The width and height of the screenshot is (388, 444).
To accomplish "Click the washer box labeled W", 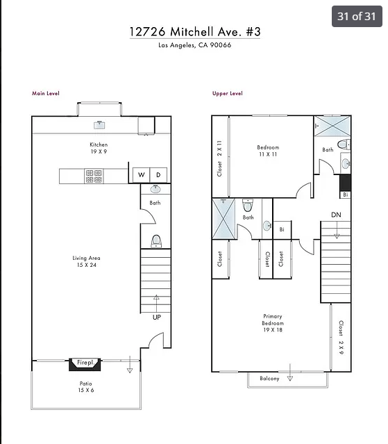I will (x=141, y=174).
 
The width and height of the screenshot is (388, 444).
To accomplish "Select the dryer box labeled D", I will (x=158, y=174).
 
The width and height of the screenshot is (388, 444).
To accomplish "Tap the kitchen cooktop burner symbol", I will (x=94, y=176).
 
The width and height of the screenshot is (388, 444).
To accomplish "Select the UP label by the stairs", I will (x=157, y=317).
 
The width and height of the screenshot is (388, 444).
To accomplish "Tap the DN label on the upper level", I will (x=336, y=214).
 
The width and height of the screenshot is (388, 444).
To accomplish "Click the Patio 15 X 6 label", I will (x=85, y=387).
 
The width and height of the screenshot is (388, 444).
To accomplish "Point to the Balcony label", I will (x=269, y=378).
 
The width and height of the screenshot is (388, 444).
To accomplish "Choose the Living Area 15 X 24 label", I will (x=86, y=261).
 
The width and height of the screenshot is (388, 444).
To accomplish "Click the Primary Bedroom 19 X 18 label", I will (x=272, y=324).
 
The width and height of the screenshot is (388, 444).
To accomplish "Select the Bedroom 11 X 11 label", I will (x=267, y=151).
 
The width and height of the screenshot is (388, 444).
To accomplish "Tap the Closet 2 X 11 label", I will (x=220, y=157).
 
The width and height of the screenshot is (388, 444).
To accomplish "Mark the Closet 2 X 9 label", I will (x=341, y=336).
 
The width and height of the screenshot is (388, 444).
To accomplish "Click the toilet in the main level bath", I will (x=156, y=240).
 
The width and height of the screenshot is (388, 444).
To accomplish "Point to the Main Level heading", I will (x=46, y=93).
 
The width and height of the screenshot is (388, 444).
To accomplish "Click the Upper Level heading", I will (x=227, y=93).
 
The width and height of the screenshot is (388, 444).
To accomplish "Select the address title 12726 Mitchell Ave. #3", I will (x=194, y=32).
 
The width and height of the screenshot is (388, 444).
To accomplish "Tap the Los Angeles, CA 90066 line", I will (x=194, y=46).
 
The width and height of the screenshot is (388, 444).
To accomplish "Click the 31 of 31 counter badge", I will (x=357, y=16).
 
